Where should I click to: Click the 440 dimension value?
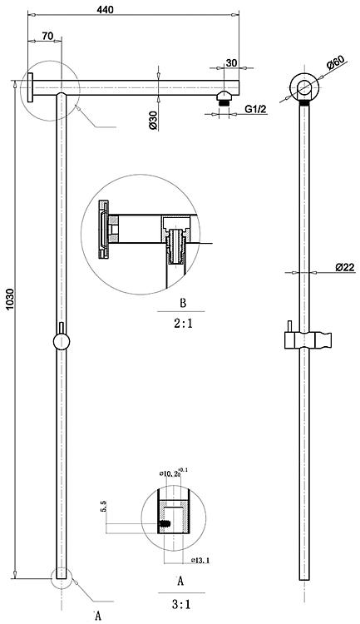coord(105,9)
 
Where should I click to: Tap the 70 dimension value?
coord(47,36)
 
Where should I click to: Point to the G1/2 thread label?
coord(255,109)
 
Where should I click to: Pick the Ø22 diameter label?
coord(344,267)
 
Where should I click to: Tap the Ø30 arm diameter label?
coord(154,120)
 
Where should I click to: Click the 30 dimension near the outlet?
coord(231,62)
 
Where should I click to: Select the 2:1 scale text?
coord(183,323)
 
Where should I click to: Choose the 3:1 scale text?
coord(181,605)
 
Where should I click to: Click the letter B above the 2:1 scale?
coord(183,303)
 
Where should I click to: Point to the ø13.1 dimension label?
coord(200,560)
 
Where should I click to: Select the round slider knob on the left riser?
coord(62,341)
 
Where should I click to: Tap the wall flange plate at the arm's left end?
coord(30,87)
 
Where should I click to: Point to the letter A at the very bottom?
coord(98,616)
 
